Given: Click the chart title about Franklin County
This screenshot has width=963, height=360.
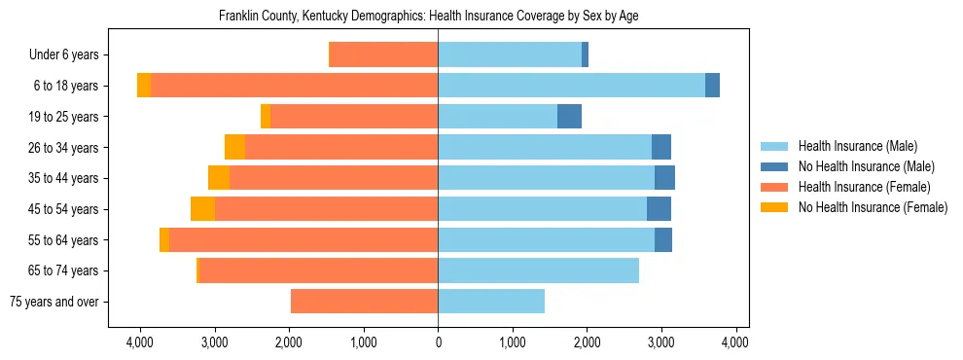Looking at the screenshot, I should tap(428, 17).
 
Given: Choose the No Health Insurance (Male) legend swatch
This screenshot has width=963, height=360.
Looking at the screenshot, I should tap(774, 166).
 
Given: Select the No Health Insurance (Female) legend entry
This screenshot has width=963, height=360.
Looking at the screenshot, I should tap(872, 207).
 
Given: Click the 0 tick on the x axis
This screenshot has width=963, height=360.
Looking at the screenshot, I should tap(438, 342).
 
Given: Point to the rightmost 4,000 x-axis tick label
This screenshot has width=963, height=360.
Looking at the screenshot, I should tap(735, 342).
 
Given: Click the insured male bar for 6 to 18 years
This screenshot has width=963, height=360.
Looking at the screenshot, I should tap(571, 86).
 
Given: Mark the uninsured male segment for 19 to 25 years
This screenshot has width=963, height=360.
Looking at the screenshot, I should tap(569, 117).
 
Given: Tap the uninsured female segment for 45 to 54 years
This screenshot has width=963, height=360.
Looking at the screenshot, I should tap(202, 209).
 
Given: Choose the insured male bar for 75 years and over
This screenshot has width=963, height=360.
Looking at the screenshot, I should tap(491, 302).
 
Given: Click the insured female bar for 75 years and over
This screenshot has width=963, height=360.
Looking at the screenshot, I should tap(365, 302).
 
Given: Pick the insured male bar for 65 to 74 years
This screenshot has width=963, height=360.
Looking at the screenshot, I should tap(538, 270).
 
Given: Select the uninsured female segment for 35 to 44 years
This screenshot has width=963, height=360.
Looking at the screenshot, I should tap(219, 178).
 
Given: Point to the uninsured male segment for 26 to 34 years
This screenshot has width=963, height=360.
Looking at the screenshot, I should tap(661, 147).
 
